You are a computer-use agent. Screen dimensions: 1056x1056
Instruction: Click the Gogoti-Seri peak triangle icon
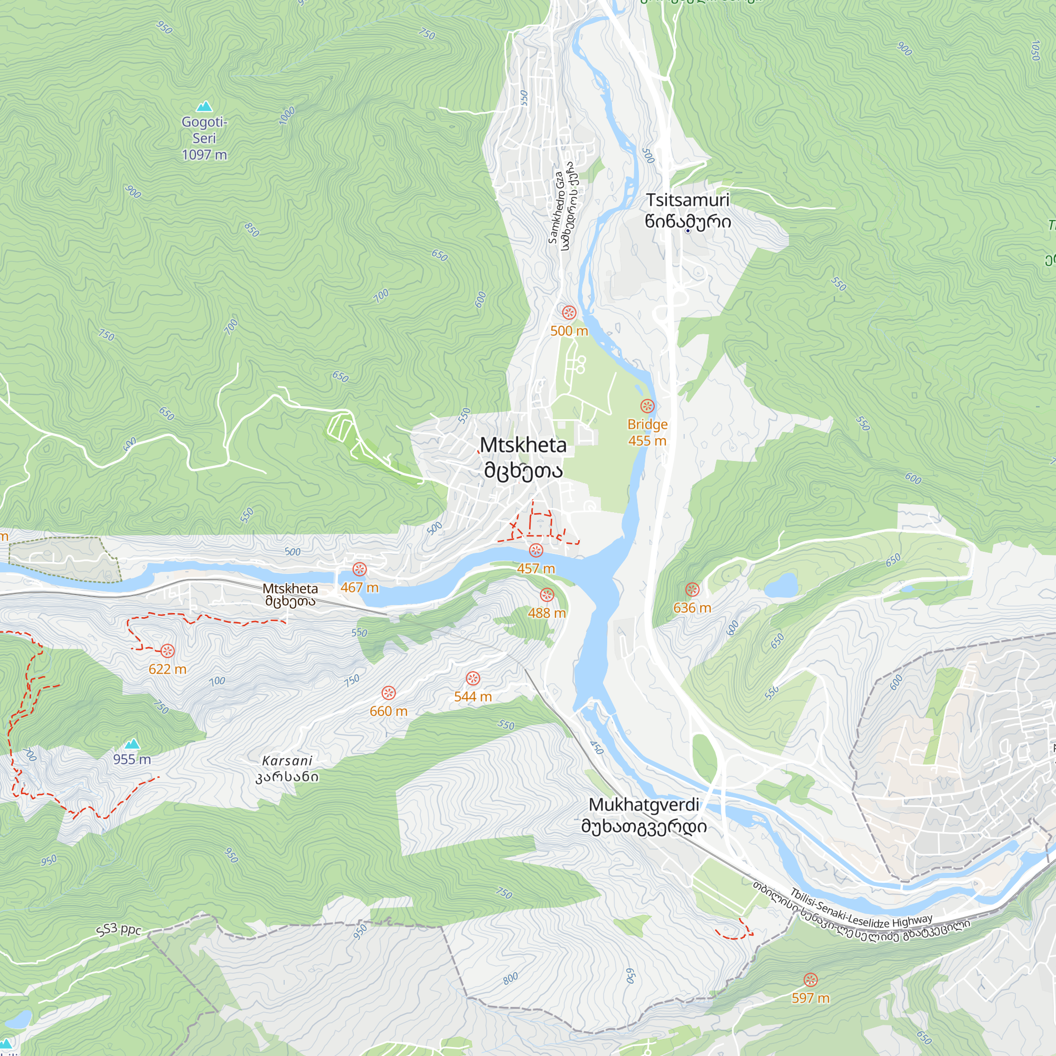(x=204, y=106)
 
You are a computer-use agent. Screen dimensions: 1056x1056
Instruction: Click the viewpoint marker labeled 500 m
(x=569, y=313)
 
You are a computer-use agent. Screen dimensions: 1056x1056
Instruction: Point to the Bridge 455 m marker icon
(x=647, y=406)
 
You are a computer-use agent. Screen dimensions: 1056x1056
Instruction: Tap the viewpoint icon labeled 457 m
(x=535, y=550)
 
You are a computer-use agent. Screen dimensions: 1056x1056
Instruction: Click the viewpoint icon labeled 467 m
(x=359, y=570)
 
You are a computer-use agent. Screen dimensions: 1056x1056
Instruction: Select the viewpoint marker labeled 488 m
(x=546, y=595)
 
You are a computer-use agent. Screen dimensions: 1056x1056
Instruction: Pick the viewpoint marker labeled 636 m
(x=692, y=589)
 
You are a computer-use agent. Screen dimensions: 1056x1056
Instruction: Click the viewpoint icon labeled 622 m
(x=167, y=650)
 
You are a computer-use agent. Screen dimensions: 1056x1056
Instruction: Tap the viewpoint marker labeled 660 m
(x=388, y=693)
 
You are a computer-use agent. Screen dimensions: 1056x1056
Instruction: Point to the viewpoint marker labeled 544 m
(x=473, y=678)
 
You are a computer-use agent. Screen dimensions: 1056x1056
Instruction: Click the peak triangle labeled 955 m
(x=131, y=744)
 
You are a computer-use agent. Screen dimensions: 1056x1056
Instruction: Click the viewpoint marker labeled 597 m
(x=810, y=979)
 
